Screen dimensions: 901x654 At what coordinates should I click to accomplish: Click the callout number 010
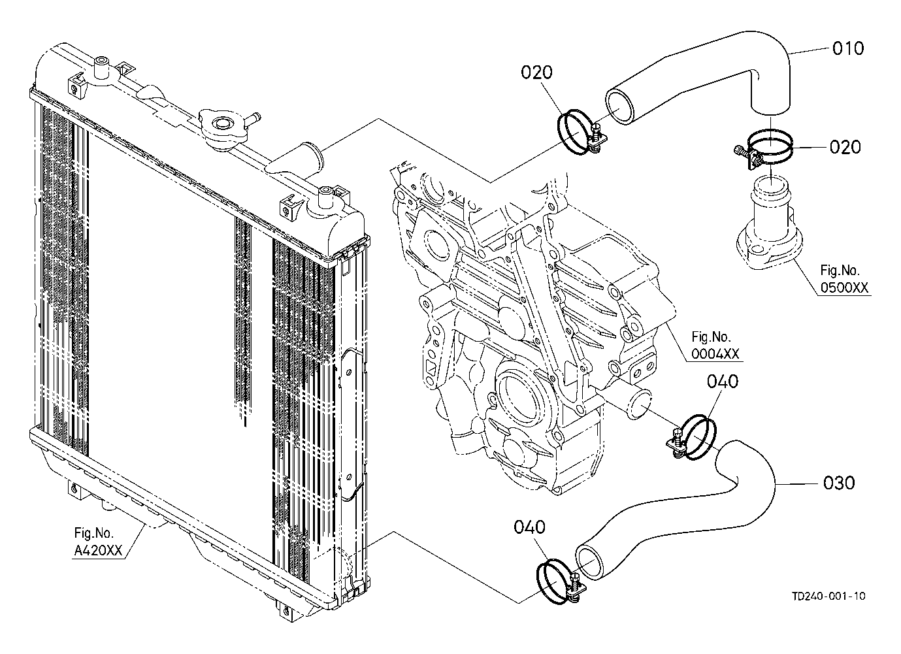[848, 48]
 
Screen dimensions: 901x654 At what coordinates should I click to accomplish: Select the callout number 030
[839, 483]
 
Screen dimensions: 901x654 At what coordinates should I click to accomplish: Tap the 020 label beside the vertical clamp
[845, 147]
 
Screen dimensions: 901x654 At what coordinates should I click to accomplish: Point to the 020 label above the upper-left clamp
[536, 73]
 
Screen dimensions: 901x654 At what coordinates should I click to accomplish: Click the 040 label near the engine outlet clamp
[723, 382]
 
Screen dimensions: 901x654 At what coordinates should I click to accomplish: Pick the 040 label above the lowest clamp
[529, 527]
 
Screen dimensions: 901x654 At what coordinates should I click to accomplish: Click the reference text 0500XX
[844, 287]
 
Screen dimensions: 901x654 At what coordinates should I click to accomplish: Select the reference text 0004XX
[715, 353]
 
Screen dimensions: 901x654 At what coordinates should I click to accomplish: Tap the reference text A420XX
[98, 551]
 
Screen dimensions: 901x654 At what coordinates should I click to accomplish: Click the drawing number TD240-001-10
[828, 596]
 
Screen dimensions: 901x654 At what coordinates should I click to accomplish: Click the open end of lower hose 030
[590, 562]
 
